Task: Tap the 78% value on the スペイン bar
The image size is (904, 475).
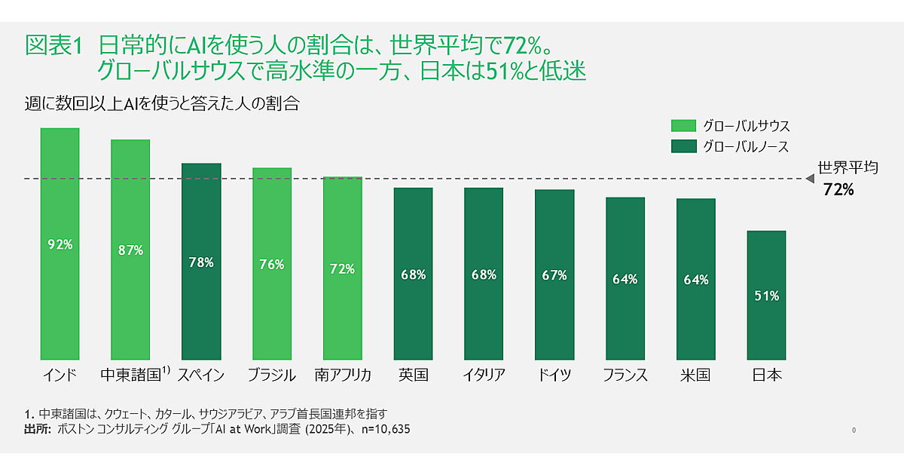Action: pos(201,262)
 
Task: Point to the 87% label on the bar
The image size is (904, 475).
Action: pos(130,250)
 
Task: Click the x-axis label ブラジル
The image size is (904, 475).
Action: pos(271,375)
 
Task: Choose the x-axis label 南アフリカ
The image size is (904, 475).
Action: pos(343,375)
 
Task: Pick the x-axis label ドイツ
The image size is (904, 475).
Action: pos(554,375)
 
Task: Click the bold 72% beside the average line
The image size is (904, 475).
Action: pos(838,190)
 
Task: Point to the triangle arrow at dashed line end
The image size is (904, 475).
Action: pos(810,179)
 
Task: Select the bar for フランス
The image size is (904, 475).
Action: pos(625,278)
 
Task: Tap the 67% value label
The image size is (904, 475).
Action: pos(554,275)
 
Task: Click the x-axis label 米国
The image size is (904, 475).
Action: pos(695,375)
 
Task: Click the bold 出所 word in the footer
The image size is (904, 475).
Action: pos(37,429)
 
